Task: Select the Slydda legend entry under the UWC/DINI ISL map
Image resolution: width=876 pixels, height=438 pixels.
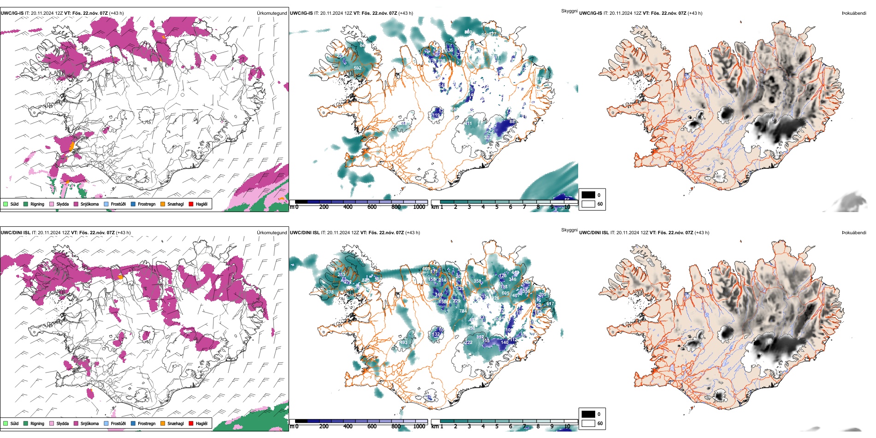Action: (62, 423)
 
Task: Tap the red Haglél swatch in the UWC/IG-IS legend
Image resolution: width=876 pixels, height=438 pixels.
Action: (191, 204)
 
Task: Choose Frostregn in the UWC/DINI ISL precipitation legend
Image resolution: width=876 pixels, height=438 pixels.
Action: (146, 423)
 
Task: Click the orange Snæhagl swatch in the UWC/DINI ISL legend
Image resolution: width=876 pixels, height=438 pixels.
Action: (163, 423)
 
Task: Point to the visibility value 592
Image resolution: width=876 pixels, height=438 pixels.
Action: (357, 68)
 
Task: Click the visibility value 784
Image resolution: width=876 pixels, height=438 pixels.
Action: (463, 311)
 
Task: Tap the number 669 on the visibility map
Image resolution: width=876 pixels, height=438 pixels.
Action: (426, 269)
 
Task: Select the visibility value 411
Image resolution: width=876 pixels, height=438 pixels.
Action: (468, 124)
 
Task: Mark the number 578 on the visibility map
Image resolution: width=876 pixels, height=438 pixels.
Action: (330, 292)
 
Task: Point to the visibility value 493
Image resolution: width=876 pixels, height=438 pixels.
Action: (403, 343)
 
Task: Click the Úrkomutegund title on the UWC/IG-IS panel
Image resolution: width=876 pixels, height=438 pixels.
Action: (272, 13)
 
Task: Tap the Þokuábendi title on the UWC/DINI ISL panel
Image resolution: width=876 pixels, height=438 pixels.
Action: (854, 233)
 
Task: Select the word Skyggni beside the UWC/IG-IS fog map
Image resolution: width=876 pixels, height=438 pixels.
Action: (569, 11)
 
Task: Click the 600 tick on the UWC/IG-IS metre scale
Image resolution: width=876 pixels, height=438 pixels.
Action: (372, 207)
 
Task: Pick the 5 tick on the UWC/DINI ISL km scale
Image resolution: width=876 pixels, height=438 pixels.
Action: (497, 426)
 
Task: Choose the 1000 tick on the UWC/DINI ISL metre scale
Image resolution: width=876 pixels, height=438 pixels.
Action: (419, 426)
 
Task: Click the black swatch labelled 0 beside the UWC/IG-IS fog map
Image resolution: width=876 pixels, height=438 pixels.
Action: (588, 195)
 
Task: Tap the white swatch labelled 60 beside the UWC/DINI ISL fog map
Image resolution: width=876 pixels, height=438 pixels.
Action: (588, 423)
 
